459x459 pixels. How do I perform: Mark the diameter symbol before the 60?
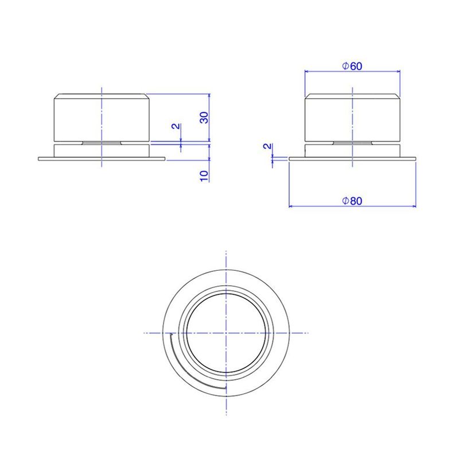[x=345, y=67]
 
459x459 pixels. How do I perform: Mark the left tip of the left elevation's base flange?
[x=39, y=159]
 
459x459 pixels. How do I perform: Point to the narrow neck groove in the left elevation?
[x=102, y=142]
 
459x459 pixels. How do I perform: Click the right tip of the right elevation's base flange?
[x=414, y=159]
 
